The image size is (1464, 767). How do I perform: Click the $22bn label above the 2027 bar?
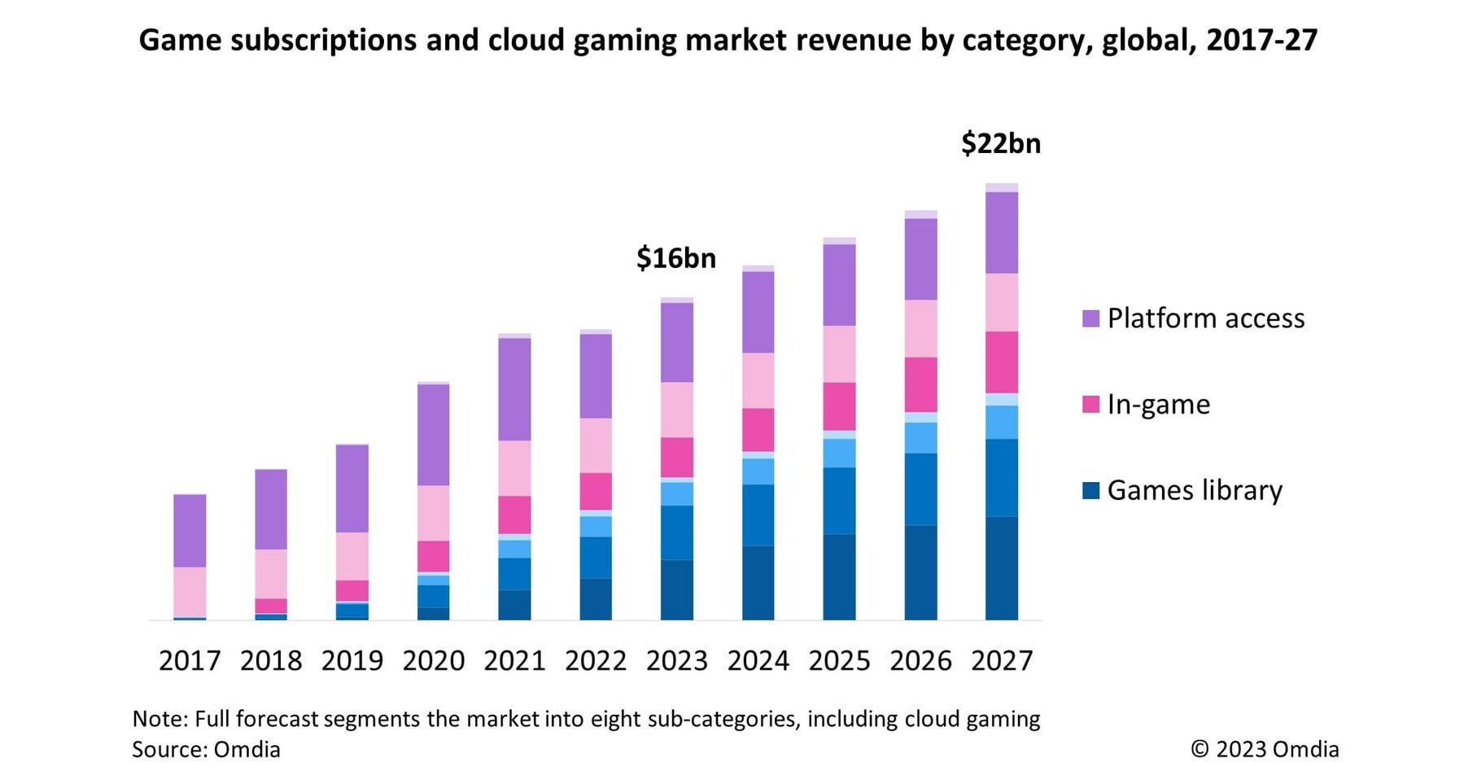pyautogui.click(x=1000, y=143)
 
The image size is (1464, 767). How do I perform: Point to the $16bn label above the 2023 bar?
pyautogui.click(x=675, y=258)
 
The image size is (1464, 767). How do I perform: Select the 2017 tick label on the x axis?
pyautogui.click(x=190, y=660)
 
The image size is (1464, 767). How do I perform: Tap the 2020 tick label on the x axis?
pyautogui.click(x=433, y=660)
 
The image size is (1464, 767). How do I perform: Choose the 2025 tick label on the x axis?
pyautogui.click(x=839, y=660)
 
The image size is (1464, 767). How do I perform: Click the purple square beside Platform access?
pyautogui.click(x=1090, y=318)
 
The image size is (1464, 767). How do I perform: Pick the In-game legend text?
pyautogui.click(x=1158, y=405)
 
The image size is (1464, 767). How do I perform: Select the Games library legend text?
pyautogui.click(x=1195, y=490)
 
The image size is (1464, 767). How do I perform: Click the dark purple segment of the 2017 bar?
pyautogui.click(x=190, y=530)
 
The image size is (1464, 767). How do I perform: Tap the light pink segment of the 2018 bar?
pyautogui.click(x=271, y=574)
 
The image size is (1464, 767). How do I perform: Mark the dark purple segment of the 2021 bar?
pyautogui.click(x=514, y=389)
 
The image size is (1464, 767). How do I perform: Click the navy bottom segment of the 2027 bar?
pyautogui.click(x=1001, y=568)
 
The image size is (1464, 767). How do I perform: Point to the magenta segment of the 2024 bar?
pyautogui.click(x=758, y=430)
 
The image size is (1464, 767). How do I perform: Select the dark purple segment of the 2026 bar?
pyautogui.click(x=920, y=259)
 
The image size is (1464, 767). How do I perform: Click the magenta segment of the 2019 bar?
pyautogui.click(x=352, y=590)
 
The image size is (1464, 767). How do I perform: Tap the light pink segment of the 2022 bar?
pyautogui.click(x=596, y=445)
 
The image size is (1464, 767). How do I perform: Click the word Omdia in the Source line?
pyautogui.click(x=247, y=749)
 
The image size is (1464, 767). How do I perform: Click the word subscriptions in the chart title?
pyautogui.click(x=323, y=40)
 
